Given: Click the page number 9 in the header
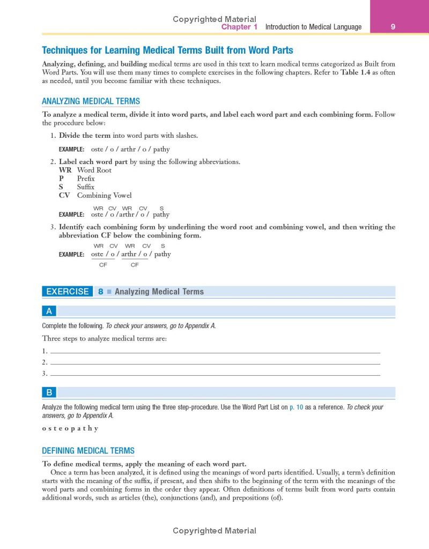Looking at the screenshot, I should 393,27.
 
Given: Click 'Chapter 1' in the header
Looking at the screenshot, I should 240,27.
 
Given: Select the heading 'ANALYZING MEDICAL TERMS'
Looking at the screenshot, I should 91,101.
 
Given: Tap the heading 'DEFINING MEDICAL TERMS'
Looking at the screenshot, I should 88,451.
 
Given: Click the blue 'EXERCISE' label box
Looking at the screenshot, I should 67,292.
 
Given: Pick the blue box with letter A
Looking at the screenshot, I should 49,311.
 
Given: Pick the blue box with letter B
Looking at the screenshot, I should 49,392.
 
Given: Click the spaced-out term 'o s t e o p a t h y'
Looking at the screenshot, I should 70,428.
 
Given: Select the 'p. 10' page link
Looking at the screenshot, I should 297,407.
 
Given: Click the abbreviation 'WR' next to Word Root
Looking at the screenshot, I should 65,170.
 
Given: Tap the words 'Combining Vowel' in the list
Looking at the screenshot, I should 104,196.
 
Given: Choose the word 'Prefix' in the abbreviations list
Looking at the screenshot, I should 86,179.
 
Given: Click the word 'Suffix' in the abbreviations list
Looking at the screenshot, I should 85,187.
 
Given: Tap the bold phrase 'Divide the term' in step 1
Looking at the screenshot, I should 84,136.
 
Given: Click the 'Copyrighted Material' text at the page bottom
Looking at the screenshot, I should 214,531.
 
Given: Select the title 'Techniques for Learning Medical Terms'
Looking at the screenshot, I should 167,50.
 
